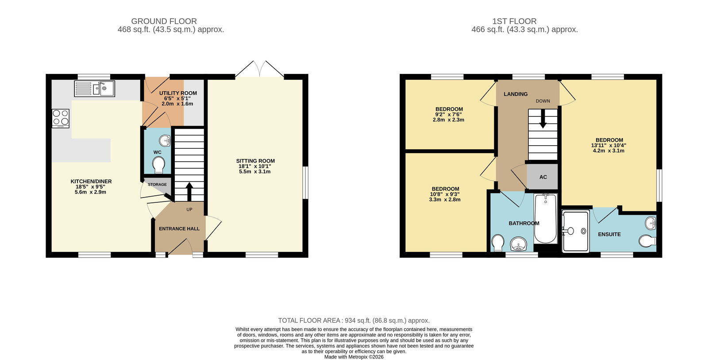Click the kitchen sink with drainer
(95, 89)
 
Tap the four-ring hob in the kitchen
(61, 118)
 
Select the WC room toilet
(158, 165)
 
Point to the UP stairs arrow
(189, 192)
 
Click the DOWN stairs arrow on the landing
(543, 119)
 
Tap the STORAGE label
(157, 185)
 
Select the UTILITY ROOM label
(178, 93)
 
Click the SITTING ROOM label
(255, 161)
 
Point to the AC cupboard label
(543, 177)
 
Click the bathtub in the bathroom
(546, 219)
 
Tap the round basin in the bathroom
(518, 244)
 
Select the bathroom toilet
(498, 243)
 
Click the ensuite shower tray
(576, 232)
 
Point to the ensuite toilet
(647, 241)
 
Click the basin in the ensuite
(650, 223)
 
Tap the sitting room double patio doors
(259, 69)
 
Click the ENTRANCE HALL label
(179, 229)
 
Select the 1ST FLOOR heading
(514, 21)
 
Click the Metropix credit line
(354, 357)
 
